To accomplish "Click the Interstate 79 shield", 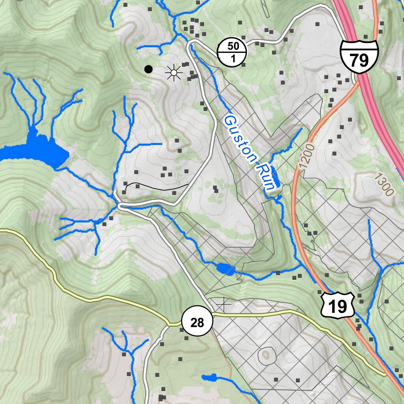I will point(359,56).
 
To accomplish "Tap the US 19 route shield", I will point(338,305).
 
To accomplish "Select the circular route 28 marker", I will point(197,322).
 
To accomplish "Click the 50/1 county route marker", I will point(232,53).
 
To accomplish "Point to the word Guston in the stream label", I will point(238,137).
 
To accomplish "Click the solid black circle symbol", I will point(148,69).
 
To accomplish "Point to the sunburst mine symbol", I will point(173,72).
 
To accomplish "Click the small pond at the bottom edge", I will point(209,378).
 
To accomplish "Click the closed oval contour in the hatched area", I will point(267,355).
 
